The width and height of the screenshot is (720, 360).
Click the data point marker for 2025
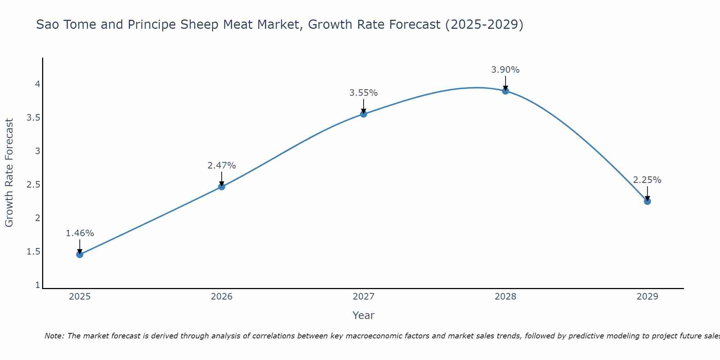pyautogui.click(x=80, y=255)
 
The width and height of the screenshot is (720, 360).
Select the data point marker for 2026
pyautogui.click(x=222, y=186)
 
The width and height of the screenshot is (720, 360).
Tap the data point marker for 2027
pyautogui.click(x=364, y=114)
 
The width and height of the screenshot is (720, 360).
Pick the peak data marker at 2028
pyautogui.click(x=505, y=91)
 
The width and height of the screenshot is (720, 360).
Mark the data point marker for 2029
pyautogui.click(x=647, y=201)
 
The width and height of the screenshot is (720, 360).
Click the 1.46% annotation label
pyautogui.click(x=80, y=233)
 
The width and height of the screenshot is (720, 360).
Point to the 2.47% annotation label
pyautogui.click(x=222, y=166)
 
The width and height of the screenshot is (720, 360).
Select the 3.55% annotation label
pyautogui.click(x=364, y=93)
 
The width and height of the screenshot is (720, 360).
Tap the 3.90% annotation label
pyautogui.click(x=505, y=70)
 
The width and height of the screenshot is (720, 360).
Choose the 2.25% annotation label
pyautogui.click(x=647, y=180)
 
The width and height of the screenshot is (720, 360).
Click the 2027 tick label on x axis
pyautogui.click(x=364, y=297)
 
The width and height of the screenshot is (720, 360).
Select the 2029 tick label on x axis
pyautogui.click(x=647, y=297)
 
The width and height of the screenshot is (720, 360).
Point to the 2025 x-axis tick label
pyautogui.click(x=80, y=297)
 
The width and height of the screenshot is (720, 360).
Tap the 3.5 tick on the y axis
pyautogui.click(x=33, y=118)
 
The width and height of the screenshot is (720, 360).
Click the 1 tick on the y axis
pyautogui.click(x=37, y=285)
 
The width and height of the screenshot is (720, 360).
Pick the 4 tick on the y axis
pyautogui.click(x=37, y=84)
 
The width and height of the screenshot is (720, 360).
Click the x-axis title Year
pyautogui.click(x=364, y=315)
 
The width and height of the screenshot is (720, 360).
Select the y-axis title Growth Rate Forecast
pyautogui.click(x=9, y=173)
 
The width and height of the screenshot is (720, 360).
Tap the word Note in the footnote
pyautogui.click(x=54, y=336)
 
